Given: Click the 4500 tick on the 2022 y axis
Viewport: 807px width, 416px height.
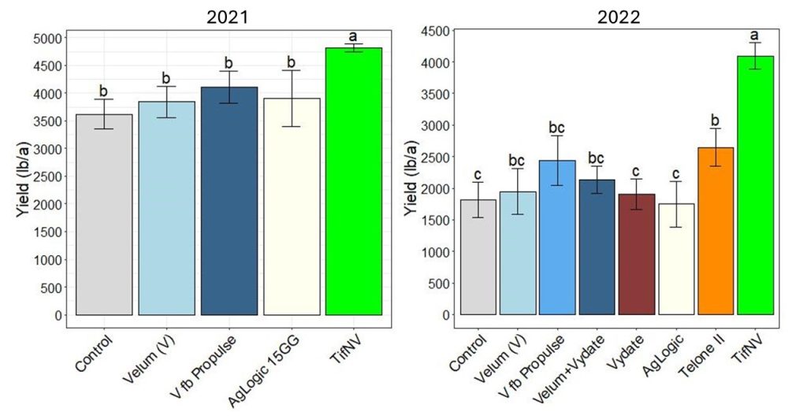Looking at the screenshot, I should pos(434,31).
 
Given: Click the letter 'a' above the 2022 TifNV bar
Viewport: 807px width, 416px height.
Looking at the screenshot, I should pos(754,35).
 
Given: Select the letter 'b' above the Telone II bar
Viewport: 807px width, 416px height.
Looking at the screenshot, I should pos(715,121).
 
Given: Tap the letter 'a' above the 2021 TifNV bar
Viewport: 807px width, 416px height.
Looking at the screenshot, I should pos(354,36).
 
